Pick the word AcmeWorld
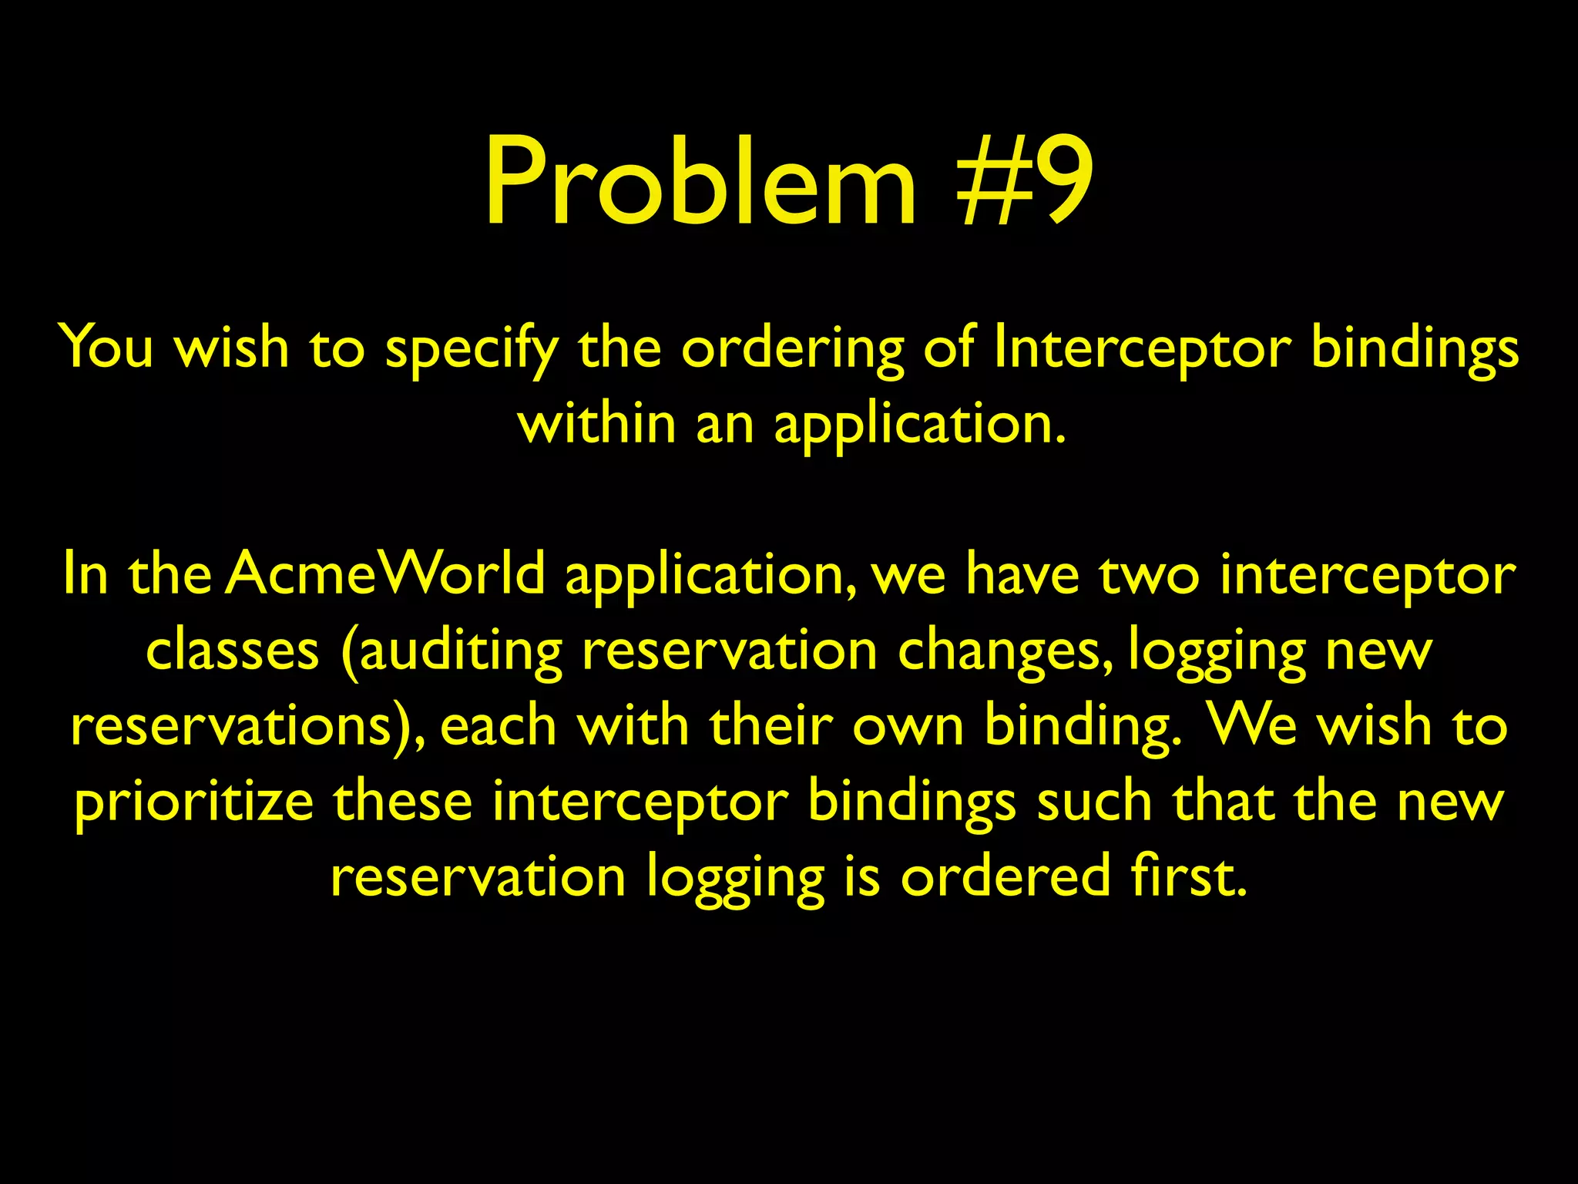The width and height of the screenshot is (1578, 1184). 385,574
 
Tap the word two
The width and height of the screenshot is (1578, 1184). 1149,574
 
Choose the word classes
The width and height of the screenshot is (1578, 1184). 232,651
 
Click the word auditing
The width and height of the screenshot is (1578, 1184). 461,651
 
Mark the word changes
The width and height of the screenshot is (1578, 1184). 1003,651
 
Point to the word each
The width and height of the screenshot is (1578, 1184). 499,726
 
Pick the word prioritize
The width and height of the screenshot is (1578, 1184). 194,802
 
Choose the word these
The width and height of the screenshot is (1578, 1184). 403,802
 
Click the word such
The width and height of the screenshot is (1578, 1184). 1094,802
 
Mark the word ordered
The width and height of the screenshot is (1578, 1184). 1005,877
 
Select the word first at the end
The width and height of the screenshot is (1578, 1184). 1188,877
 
